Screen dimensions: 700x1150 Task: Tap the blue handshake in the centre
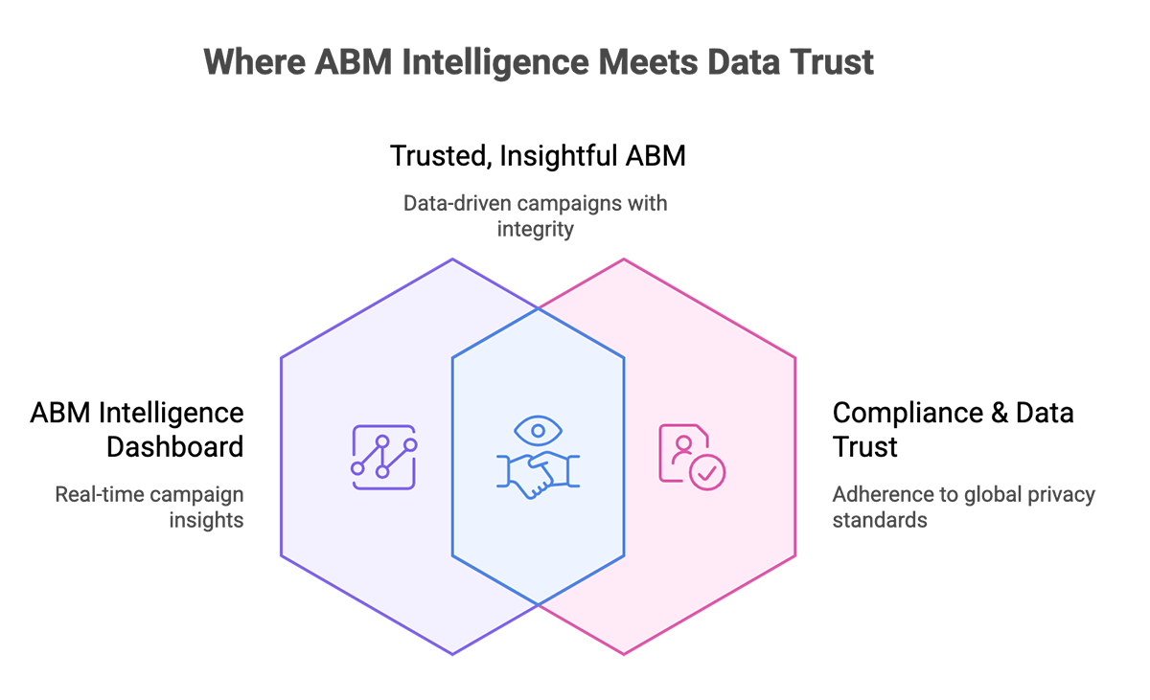pos(538,474)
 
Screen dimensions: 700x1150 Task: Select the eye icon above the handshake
pos(538,430)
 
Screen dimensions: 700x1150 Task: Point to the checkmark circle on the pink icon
pos(710,472)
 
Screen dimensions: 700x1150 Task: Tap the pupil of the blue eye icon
pos(538,430)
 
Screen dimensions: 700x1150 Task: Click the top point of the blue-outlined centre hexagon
pos(538,308)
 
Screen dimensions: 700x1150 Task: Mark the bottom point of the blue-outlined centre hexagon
pos(538,605)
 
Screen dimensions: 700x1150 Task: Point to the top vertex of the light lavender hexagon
pos(453,261)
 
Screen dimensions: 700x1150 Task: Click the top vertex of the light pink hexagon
pos(624,261)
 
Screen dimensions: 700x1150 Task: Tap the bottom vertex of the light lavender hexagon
pos(453,652)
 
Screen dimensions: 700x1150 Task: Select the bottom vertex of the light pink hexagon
pos(624,652)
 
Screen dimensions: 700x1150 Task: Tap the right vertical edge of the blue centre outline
pos(624,457)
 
